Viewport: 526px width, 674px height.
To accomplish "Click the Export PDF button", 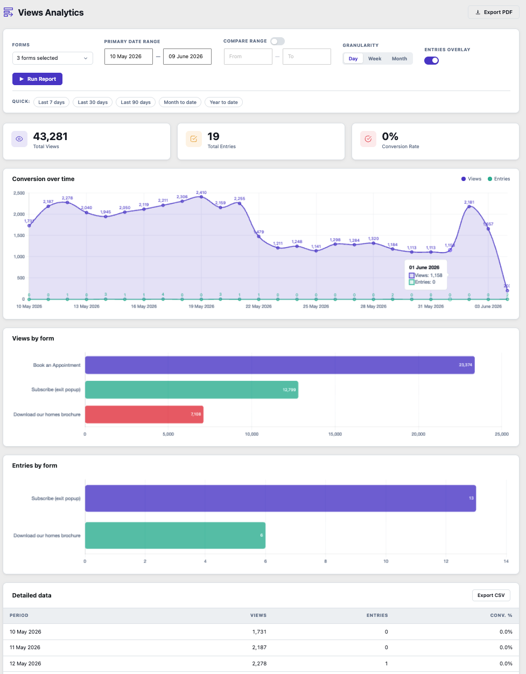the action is click(x=493, y=12).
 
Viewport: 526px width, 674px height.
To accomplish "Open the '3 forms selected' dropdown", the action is click(x=52, y=58).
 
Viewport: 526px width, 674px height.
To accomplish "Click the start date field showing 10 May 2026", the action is click(x=128, y=57).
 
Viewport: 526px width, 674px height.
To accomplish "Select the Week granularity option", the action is click(x=374, y=59).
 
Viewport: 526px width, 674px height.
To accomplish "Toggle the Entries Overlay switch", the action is click(x=431, y=60).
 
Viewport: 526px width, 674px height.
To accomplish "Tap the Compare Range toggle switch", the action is click(x=277, y=41).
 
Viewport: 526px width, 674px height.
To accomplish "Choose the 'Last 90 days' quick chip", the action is click(x=136, y=102).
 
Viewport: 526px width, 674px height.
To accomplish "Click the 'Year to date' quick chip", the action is click(x=223, y=102).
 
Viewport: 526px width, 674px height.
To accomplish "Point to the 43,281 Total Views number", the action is click(x=50, y=136).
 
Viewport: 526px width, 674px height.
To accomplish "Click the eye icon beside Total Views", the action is click(x=19, y=139).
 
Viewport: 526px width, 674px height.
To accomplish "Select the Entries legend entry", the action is click(x=499, y=179).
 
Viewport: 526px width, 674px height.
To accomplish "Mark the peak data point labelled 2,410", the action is click(x=201, y=197).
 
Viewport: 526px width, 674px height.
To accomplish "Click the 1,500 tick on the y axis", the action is click(x=19, y=235).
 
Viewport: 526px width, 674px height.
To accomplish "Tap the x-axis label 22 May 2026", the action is click(x=258, y=307).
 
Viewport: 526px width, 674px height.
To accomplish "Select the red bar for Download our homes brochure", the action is click(x=144, y=414).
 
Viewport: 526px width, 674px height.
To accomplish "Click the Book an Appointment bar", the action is click(x=279, y=365).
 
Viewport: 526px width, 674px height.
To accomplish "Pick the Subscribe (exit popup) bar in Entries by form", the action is click(x=280, y=498).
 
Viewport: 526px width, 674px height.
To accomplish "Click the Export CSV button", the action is click(x=491, y=595).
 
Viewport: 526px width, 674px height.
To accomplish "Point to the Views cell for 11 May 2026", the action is click(x=259, y=647).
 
